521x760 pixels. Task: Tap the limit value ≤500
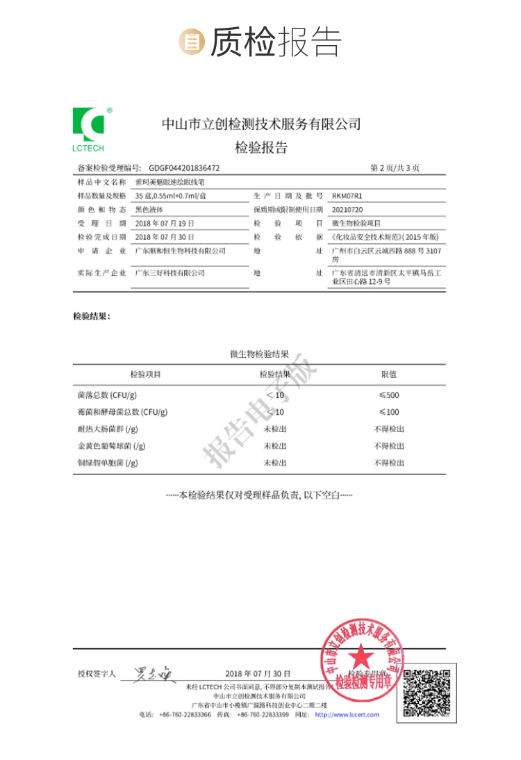(389, 395)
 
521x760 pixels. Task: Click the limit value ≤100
(389, 412)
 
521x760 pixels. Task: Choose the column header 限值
(389, 374)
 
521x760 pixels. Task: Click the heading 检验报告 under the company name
(260, 147)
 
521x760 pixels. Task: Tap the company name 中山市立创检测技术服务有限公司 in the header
(261, 124)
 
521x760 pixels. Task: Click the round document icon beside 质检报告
(190, 42)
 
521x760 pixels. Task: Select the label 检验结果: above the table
(91, 317)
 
